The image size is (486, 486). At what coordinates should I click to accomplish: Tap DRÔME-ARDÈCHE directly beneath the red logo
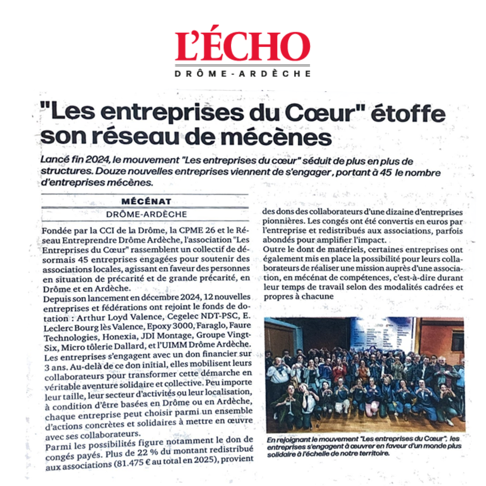click(243, 74)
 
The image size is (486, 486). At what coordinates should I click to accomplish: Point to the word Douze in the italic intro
click(108, 172)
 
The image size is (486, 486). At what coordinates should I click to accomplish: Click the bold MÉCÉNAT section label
click(146, 201)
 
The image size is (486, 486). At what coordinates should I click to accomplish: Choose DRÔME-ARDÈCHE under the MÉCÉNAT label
click(146, 214)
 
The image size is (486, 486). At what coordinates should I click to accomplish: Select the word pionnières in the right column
click(283, 222)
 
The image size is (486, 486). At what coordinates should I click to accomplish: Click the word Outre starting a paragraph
click(273, 250)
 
